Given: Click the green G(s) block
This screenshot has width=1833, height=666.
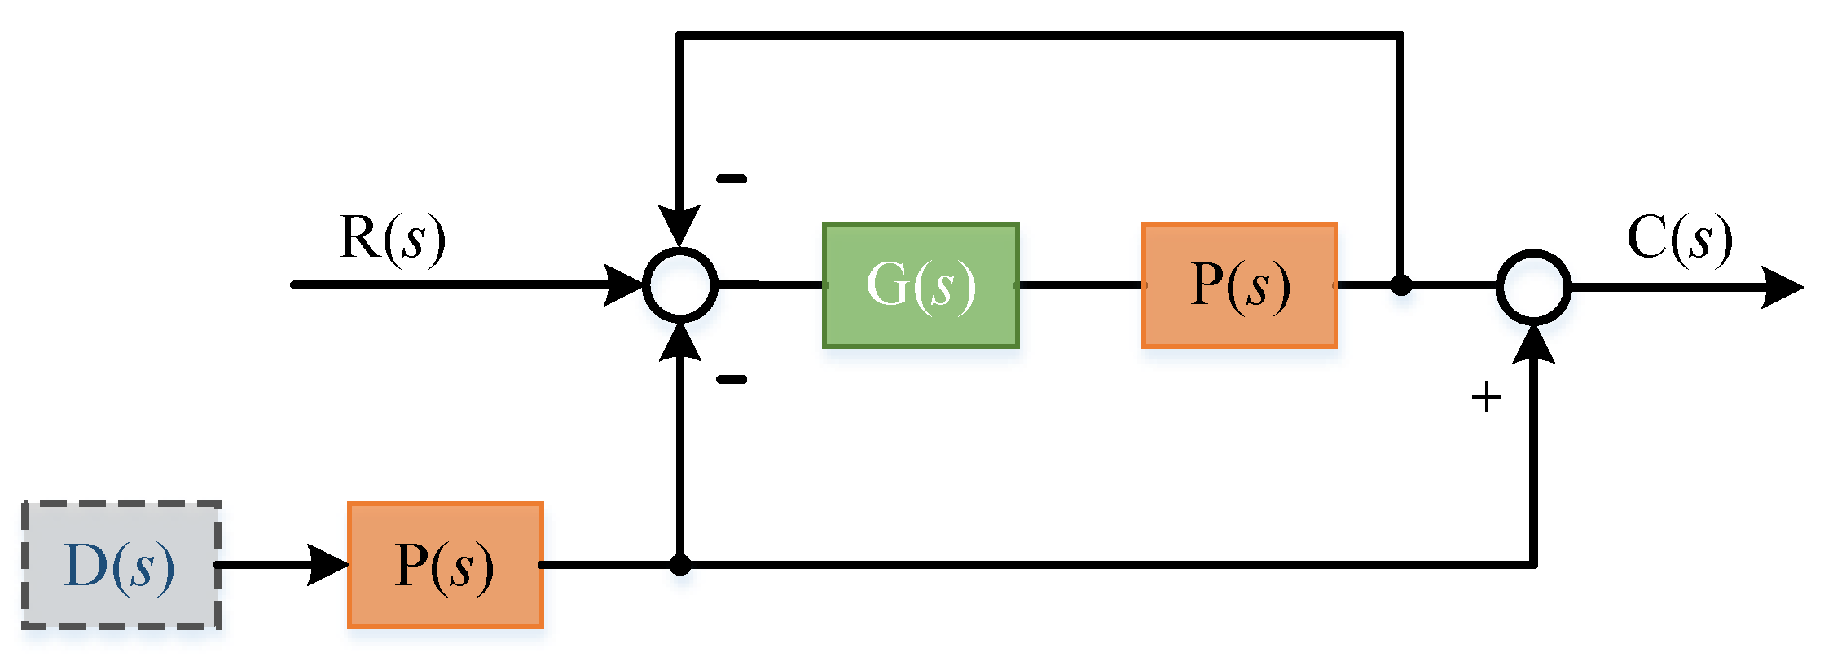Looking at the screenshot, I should pyautogui.click(x=921, y=285).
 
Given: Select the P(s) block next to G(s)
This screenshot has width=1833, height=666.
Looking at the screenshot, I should pyautogui.click(x=1239, y=285).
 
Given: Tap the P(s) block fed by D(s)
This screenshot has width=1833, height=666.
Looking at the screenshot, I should pyautogui.click(x=445, y=565).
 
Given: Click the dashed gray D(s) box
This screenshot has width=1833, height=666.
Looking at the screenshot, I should pyautogui.click(x=121, y=565).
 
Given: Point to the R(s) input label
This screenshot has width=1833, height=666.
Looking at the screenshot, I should pyautogui.click(x=392, y=238).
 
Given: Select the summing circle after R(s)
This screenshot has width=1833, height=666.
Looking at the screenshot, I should pyautogui.click(x=680, y=285).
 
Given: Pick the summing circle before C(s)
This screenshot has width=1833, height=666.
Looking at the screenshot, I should pyautogui.click(x=1533, y=287).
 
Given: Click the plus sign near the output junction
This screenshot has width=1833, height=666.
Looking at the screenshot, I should pyautogui.click(x=1486, y=398).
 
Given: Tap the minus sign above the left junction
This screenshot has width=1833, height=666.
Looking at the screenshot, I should pyautogui.click(x=731, y=179).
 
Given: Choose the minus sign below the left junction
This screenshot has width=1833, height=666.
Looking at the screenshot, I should pyautogui.click(x=731, y=379).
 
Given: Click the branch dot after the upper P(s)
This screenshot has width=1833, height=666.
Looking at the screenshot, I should pyautogui.click(x=1401, y=285).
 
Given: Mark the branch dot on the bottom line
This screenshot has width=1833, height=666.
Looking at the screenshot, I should pyautogui.click(x=680, y=565).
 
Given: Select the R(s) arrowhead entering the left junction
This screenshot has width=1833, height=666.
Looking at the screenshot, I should pyautogui.click(x=624, y=285).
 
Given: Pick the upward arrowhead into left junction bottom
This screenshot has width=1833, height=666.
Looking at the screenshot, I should pyautogui.click(x=679, y=342).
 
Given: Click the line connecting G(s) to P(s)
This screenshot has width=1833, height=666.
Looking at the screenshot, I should pyautogui.click(x=1080, y=285).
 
